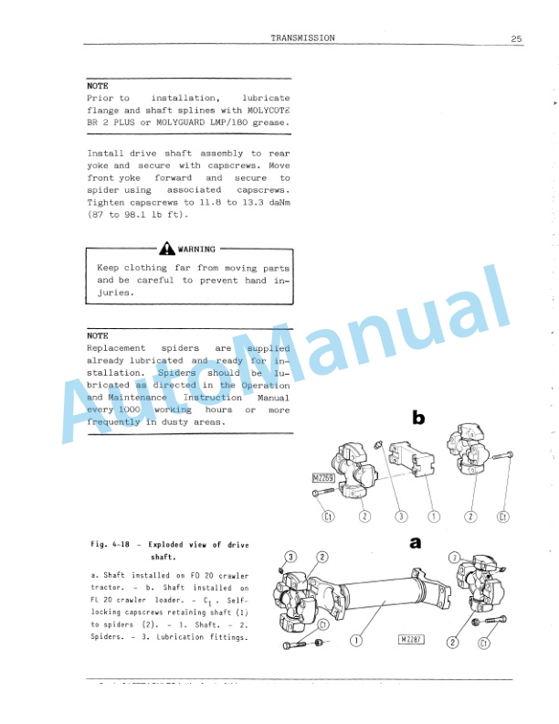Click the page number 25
point(516,38)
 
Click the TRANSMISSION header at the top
point(302,37)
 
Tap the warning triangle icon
point(166,249)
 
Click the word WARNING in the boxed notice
point(196,249)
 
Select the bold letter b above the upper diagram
point(418,418)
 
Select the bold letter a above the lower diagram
point(416,542)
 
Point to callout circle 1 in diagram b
point(434,516)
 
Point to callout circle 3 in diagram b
point(399,516)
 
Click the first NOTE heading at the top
point(98,86)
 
